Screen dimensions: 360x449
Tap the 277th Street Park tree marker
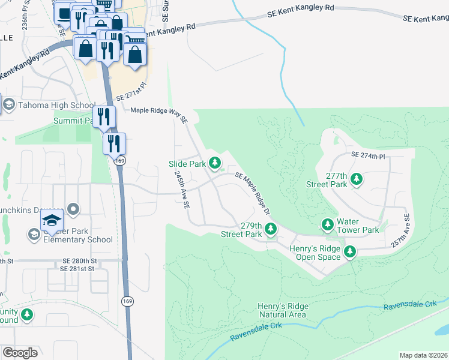[357, 179]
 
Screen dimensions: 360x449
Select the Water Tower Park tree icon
[327, 225]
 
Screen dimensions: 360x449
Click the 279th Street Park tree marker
[271, 229]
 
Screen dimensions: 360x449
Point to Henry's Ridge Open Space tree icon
[350, 253]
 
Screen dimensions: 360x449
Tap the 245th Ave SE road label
[182, 188]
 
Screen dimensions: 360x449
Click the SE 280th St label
[80, 261]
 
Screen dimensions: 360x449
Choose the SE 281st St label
[77, 269]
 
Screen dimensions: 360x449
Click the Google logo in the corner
[20, 353]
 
